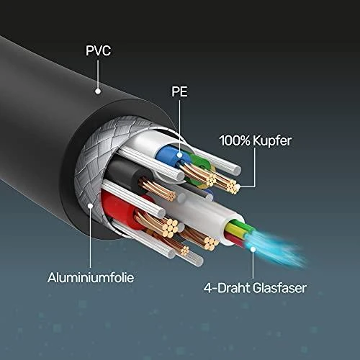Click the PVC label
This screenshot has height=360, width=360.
99,50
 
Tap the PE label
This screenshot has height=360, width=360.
179,91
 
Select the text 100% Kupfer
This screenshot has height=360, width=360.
256,140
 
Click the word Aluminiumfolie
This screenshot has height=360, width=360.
91,277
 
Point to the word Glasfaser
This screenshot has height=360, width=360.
279,288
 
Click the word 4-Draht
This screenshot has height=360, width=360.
227,288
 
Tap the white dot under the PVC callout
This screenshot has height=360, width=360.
98,91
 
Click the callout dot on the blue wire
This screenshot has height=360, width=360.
179,155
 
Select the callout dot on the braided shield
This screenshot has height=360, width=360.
90,206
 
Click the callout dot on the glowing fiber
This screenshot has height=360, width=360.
253,249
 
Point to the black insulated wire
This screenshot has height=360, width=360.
125,171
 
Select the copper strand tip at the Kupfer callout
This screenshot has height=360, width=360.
233,188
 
